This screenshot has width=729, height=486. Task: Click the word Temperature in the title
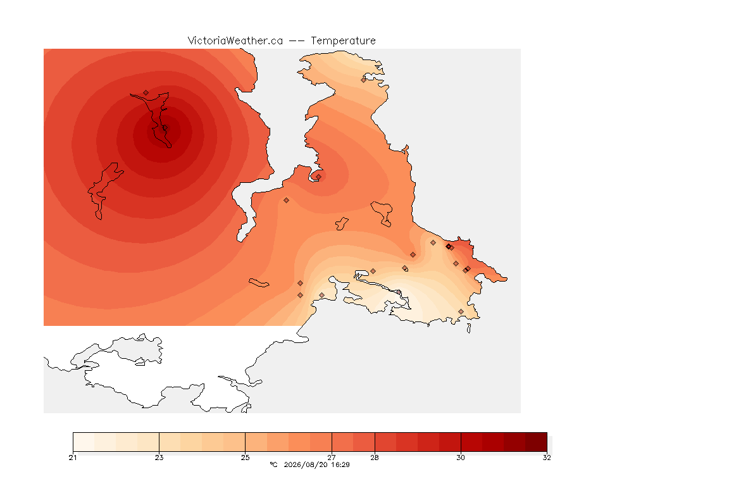coord(343,41)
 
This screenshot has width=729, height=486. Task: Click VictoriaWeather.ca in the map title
coord(235,41)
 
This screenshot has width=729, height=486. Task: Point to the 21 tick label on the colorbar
coord(73,458)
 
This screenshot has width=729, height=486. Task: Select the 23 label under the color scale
coord(159,458)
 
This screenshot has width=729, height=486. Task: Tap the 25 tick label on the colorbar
coord(245,458)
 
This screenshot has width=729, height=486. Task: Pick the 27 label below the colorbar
coord(332,458)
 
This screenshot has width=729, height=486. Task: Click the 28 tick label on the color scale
coord(375,458)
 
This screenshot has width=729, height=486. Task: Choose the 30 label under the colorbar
coord(461,458)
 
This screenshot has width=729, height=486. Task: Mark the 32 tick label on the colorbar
coord(547,458)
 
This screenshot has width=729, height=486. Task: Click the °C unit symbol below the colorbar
coord(273,464)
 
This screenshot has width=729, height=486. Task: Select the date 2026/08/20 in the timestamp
coord(306,464)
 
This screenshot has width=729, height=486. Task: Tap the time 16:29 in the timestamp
coord(340,464)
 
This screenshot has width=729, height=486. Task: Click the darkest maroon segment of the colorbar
coord(536,442)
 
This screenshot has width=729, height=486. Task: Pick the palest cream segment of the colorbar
coord(84,442)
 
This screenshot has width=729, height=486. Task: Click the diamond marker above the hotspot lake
coord(146,93)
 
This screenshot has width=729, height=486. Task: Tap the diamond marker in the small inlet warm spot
coord(318,177)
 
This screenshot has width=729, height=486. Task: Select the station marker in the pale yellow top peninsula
coord(364,80)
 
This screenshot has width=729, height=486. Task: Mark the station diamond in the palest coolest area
coord(399,292)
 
